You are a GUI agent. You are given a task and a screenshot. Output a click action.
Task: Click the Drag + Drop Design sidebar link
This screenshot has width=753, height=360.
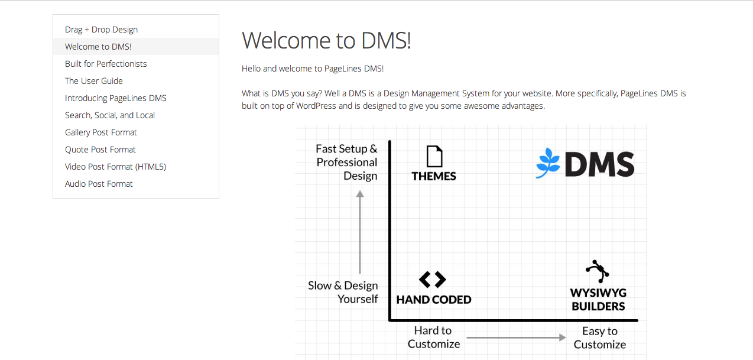tap(101, 30)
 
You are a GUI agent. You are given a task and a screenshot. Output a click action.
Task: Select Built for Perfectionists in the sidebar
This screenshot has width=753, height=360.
tap(106, 64)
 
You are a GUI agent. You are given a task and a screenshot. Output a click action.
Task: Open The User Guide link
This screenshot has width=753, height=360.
tap(94, 81)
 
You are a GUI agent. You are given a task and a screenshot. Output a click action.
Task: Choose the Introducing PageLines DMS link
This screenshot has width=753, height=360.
tap(116, 98)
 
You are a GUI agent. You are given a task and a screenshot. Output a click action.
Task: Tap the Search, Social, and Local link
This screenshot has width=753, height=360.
tap(110, 115)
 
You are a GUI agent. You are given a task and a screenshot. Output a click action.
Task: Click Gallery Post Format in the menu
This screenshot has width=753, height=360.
tap(101, 132)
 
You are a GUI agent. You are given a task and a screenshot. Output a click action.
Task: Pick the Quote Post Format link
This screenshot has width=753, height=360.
tap(100, 150)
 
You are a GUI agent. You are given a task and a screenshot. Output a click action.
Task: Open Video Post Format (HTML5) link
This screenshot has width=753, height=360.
tap(115, 167)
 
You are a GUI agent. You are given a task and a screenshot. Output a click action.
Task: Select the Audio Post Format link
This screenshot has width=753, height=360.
tap(99, 184)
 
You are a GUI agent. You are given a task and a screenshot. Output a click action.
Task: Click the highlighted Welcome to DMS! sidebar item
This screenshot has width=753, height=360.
tap(98, 47)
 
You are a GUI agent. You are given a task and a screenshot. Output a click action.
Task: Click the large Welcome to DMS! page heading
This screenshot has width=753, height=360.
tap(326, 41)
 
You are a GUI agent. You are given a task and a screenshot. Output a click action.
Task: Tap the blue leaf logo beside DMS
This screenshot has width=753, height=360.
tap(547, 163)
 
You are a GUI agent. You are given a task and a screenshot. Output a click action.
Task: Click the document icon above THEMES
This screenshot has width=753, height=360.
tap(434, 156)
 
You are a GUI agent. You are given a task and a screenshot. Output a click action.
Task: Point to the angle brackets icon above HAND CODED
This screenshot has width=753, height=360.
tap(432, 280)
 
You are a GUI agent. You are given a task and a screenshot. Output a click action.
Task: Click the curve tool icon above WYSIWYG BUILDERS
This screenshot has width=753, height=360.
tap(598, 271)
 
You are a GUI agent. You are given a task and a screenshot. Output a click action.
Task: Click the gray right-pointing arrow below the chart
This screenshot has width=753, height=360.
tap(516, 338)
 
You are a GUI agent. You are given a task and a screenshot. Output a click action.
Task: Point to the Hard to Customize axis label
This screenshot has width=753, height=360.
tap(434, 337)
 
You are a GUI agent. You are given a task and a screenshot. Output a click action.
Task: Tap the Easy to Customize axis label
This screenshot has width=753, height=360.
tap(600, 338)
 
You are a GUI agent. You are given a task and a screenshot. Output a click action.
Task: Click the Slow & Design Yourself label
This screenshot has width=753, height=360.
tap(343, 292)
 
